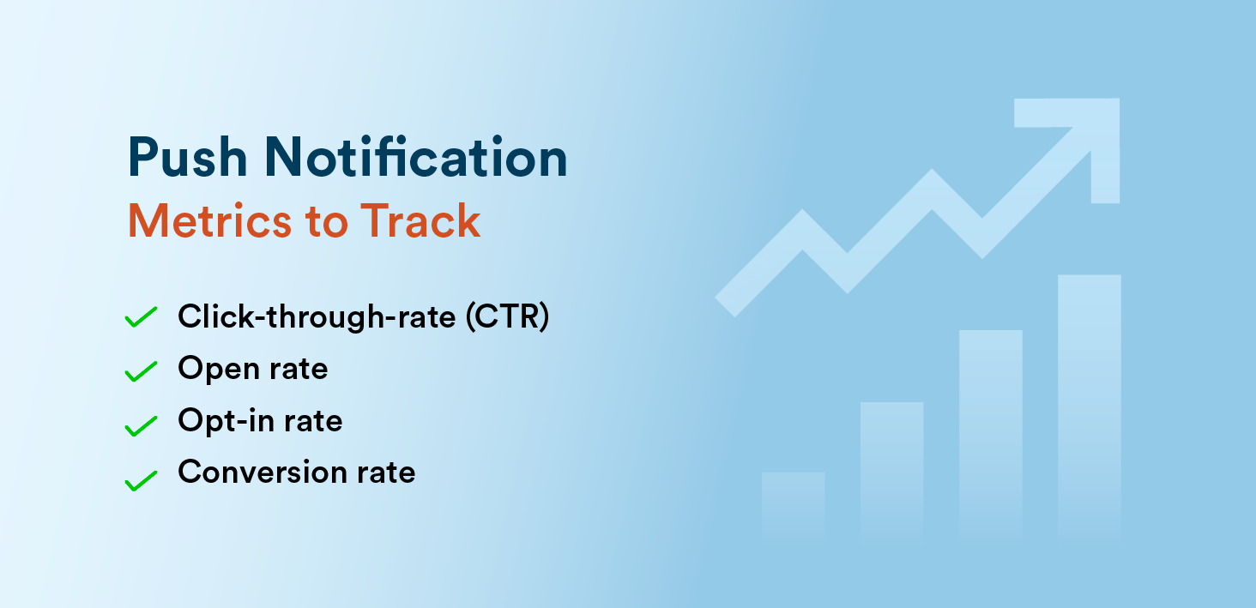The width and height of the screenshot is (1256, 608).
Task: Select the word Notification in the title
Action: [415, 158]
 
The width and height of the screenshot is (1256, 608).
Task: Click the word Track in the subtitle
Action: [420, 220]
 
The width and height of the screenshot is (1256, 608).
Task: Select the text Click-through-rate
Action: [317, 317]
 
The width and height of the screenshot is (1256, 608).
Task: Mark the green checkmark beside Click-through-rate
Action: [141, 317]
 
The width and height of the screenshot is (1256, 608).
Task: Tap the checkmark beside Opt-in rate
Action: [141, 424]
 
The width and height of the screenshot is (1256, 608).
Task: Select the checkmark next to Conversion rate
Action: [141, 480]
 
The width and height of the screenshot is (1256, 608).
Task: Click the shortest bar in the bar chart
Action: [793, 504]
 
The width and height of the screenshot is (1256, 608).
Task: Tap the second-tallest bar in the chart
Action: [990, 433]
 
